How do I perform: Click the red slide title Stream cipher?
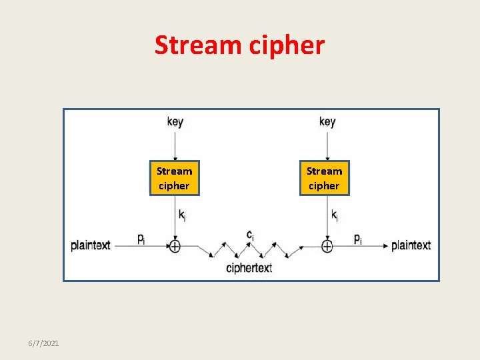click(239, 45)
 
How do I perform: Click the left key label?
click(175, 121)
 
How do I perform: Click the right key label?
click(327, 121)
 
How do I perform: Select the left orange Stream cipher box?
click(174, 179)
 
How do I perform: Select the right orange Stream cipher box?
click(324, 179)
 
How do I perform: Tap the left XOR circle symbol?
click(175, 246)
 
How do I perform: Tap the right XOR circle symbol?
click(327, 246)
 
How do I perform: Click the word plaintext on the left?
click(91, 245)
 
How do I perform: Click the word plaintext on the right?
click(411, 245)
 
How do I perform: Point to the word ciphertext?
click(249, 268)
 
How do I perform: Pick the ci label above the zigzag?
click(249, 235)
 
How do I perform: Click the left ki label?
click(182, 215)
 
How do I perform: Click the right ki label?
click(334, 215)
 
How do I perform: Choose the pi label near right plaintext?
click(358, 239)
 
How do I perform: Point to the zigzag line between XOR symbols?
click(249, 250)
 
